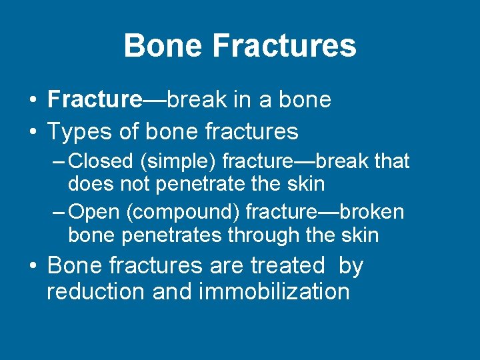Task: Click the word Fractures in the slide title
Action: click(285, 46)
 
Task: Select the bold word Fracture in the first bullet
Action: click(95, 99)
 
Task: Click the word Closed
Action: click(100, 161)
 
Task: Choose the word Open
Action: click(94, 212)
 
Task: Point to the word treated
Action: click(287, 265)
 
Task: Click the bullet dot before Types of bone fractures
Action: click(33, 132)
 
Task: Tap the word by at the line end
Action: click(351, 266)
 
